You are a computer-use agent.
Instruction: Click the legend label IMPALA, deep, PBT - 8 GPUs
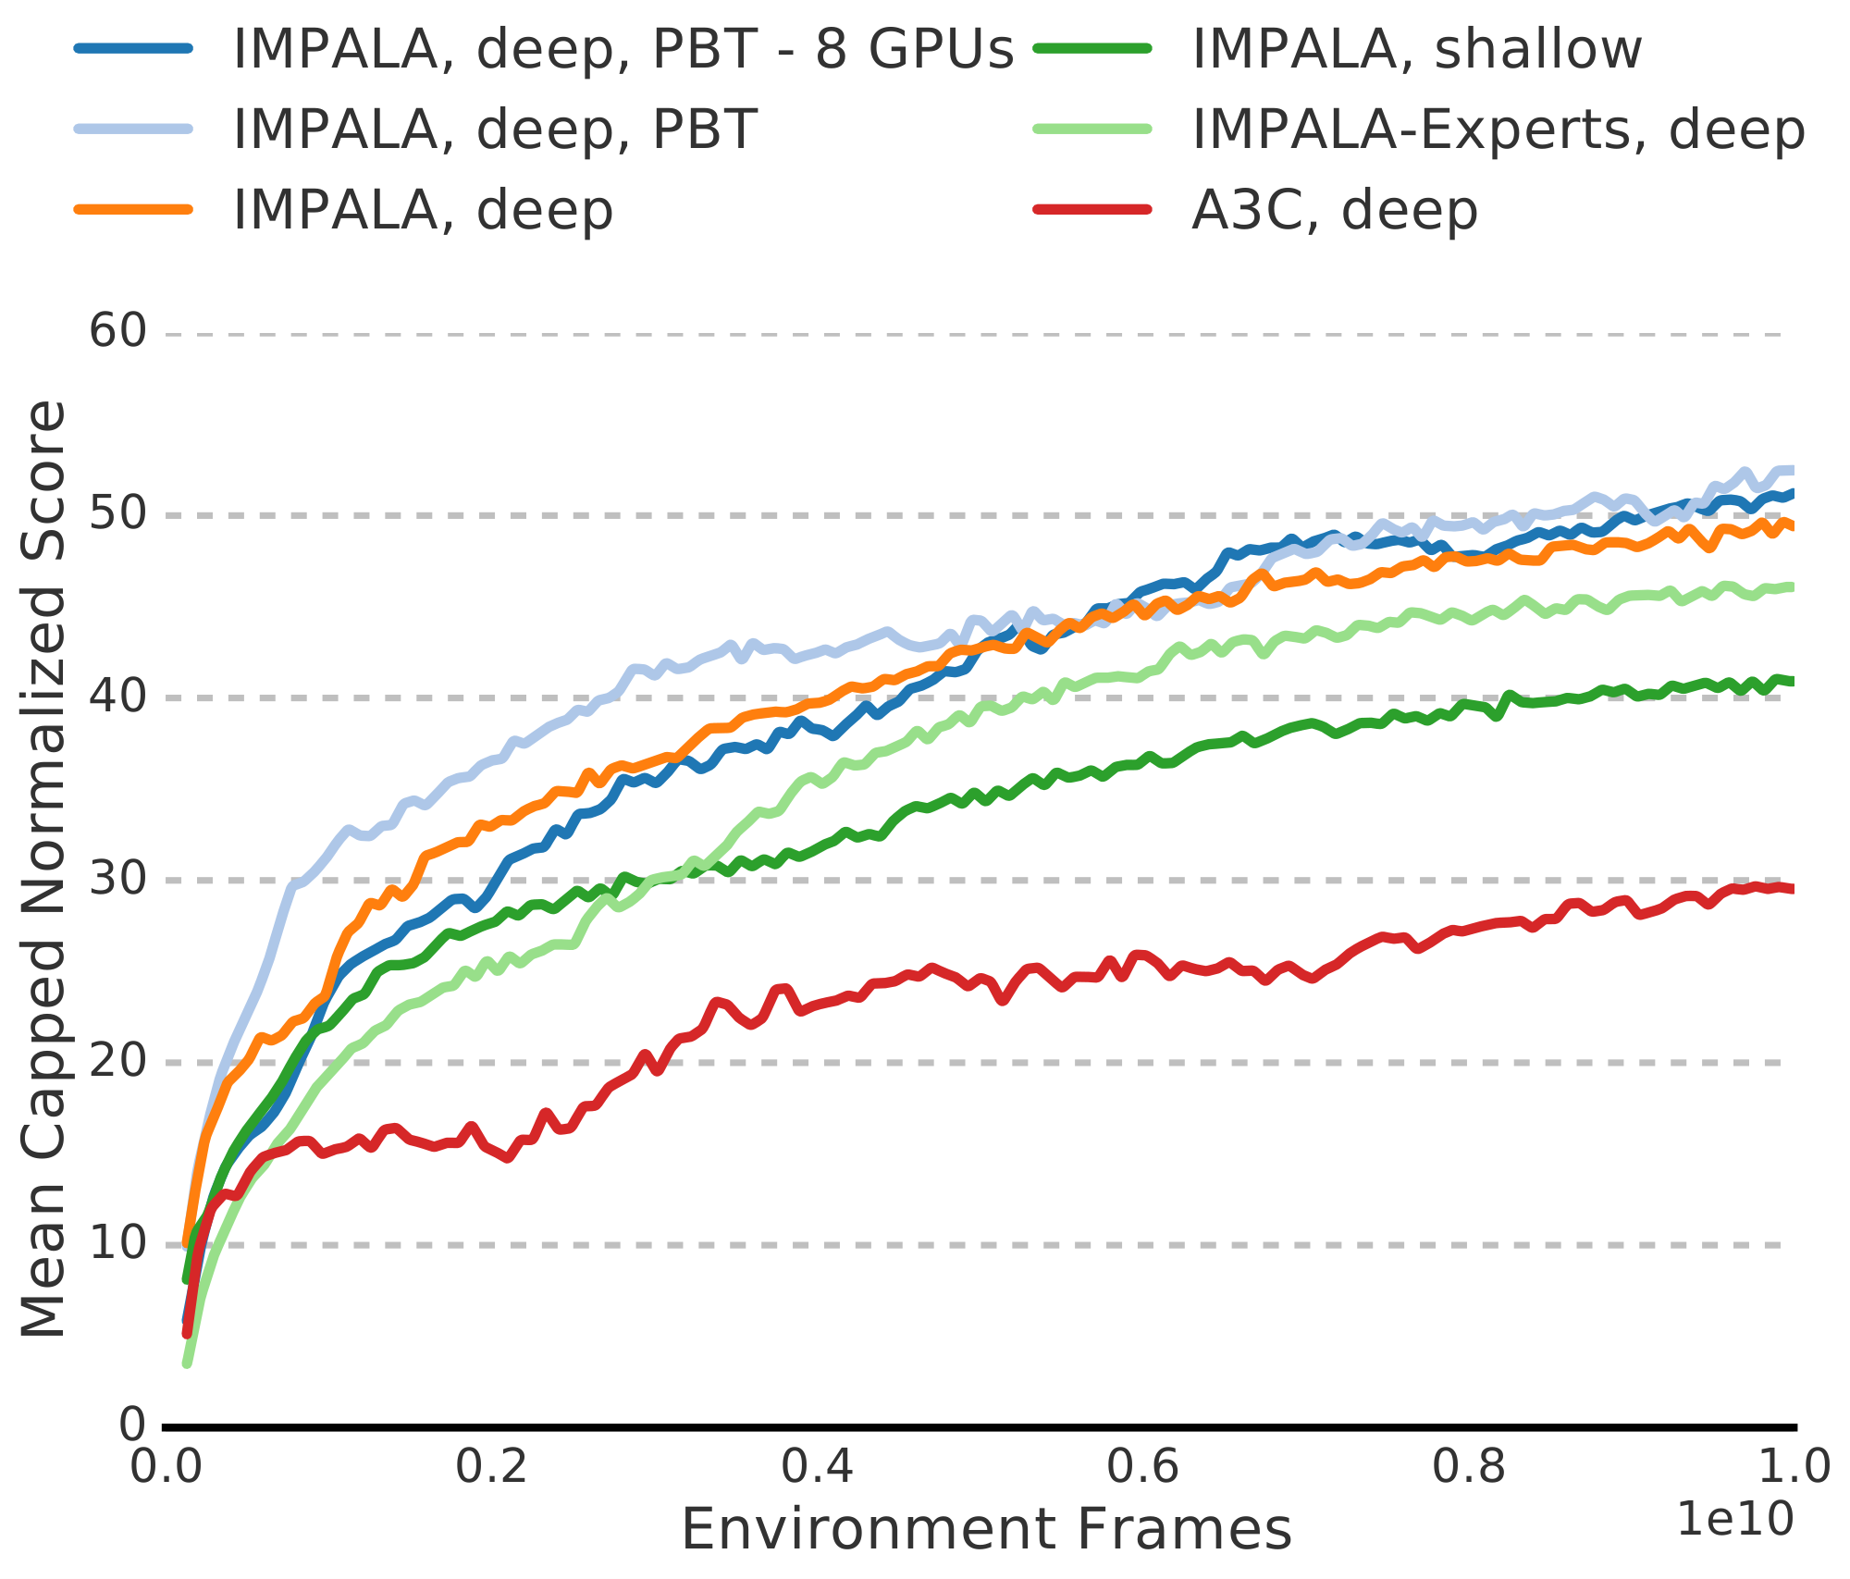click(623, 49)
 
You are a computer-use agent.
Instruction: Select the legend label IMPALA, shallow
click(1417, 49)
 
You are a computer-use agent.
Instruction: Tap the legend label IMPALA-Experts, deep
click(1498, 130)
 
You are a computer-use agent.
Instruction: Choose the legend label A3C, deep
click(1335, 210)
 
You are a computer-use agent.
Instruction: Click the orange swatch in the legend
click(134, 210)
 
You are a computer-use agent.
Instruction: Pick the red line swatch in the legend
click(1092, 210)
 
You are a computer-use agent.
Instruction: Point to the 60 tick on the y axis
click(118, 332)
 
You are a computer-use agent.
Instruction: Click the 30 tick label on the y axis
click(118, 879)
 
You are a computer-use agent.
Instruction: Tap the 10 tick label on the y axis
click(118, 1243)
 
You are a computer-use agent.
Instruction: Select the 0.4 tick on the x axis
click(818, 1468)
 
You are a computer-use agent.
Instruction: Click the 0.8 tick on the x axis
click(1470, 1468)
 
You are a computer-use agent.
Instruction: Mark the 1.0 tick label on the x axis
click(1794, 1468)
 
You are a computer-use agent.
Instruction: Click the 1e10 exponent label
click(1735, 1520)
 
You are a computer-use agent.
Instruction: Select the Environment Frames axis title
click(986, 1530)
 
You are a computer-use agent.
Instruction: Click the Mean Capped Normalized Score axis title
click(44, 870)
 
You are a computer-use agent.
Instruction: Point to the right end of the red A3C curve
click(1792, 889)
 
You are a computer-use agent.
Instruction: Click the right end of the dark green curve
click(1792, 682)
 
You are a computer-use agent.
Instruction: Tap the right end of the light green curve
click(1792, 586)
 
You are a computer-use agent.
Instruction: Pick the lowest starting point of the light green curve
click(187, 1363)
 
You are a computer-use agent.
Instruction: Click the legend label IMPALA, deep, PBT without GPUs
click(495, 130)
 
